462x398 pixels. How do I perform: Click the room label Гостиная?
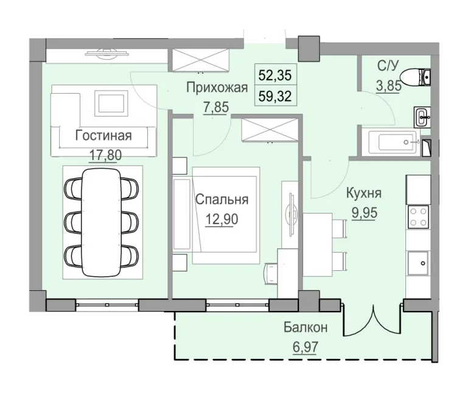103,134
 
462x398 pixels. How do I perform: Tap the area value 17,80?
105,155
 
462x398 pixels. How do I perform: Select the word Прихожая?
216,88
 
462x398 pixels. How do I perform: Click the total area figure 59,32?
275,96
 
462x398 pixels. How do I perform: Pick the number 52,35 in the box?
275,76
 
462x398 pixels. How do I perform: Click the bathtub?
396,142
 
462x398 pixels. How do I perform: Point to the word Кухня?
363,194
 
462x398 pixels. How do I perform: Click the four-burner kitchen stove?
418,215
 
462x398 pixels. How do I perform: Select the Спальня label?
222,199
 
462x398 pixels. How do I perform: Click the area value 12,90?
222,218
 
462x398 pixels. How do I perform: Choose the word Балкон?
305,328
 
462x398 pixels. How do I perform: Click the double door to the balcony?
372,320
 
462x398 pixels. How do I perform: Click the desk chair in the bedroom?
270,271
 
